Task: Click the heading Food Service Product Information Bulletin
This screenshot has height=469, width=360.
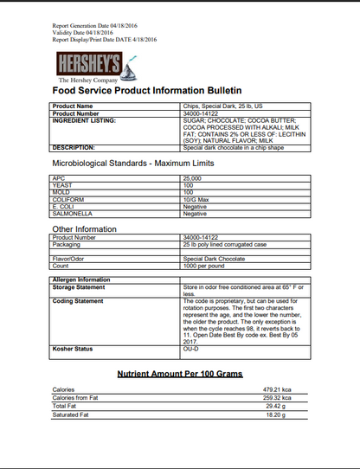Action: pyautogui.click(x=147, y=91)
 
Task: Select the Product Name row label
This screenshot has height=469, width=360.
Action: pyautogui.click(x=74, y=106)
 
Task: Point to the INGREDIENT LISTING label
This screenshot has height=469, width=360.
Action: pyautogui.click(x=85, y=119)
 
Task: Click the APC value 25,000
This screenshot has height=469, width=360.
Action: pyautogui.click(x=191, y=177)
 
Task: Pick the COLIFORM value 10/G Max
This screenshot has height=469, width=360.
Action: pyautogui.click(x=196, y=198)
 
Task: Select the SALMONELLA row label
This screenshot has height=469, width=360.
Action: pyautogui.click(x=73, y=214)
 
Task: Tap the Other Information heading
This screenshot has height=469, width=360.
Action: pyautogui.click(x=85, y=228)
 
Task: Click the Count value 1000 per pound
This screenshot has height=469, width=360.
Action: pyautogui.click(x=202, y=265)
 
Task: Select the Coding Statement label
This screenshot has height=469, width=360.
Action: pyautogui.click(x=79, y=301)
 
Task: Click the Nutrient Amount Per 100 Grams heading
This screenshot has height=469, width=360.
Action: pyautogui.click(x=180, y=373)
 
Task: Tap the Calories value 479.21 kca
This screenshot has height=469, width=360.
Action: pyautogui.click(x=280, y=390)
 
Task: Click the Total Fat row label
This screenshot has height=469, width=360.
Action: pyautogui.click(x=66, y=407)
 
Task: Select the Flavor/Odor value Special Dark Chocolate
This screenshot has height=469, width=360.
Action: pyautogui.click(x=215, y=258)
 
